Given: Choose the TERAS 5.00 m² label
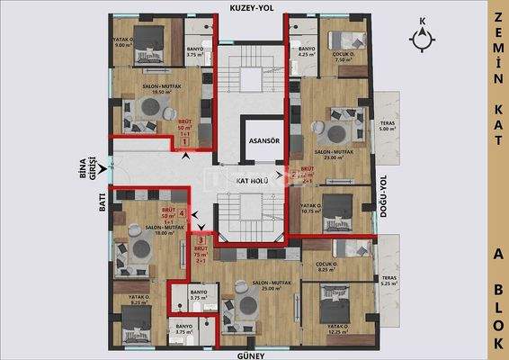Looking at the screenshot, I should click(x=388, y=126).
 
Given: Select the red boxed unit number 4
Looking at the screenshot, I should click(x=183, y=214).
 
